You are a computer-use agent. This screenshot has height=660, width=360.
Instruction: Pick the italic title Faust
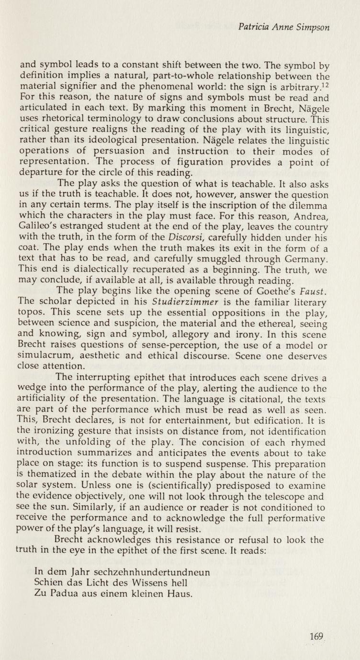point(313,291)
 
